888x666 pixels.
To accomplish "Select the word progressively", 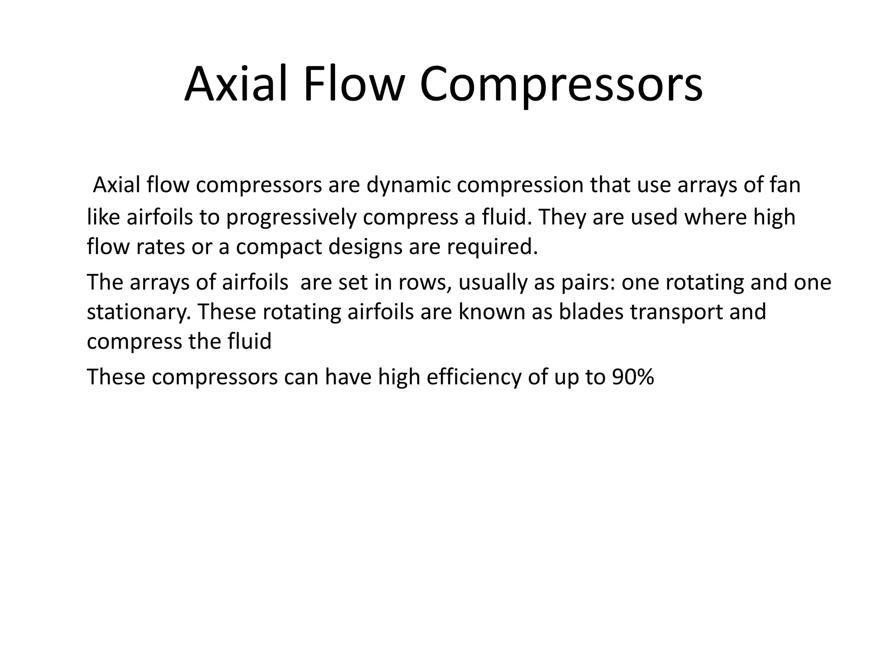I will [291, 217].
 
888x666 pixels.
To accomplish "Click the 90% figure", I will [633, 377].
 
